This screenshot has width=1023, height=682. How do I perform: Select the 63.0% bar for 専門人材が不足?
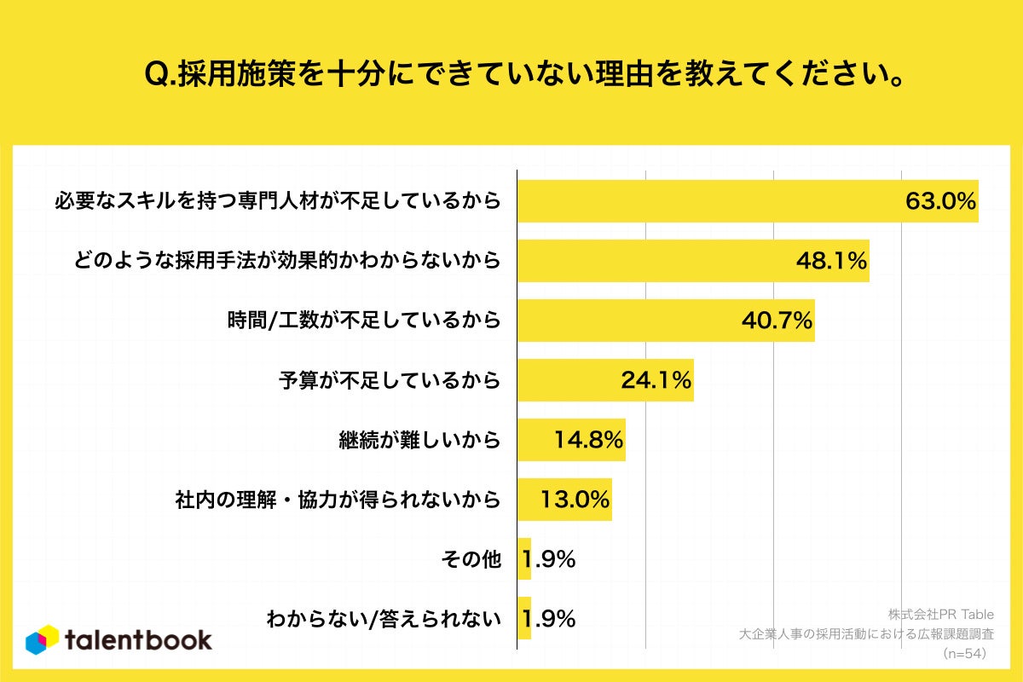click(x=708, y=201)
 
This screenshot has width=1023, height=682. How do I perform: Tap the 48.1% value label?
click(x=831, y=261)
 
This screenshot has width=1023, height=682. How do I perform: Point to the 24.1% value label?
click(x=656, y=380)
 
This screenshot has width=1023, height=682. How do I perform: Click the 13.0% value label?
click(x=575, y=500)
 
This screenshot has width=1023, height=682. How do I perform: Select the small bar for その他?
click(x=524, y=559)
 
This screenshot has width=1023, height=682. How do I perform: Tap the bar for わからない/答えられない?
click(x=524, y=619)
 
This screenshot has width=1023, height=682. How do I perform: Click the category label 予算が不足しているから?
click(x=390, y=380)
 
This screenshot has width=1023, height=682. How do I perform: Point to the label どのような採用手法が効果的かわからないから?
click(x=286, y=261)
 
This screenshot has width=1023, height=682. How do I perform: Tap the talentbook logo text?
click(x=138, y=639)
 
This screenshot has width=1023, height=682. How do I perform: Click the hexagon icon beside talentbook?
click(x=43, y=640)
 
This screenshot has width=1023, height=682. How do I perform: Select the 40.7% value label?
click(x=777, y=321)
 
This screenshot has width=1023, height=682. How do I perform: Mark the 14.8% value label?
click(x=588, y=440)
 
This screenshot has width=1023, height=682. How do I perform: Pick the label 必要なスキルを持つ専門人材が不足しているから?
click(x=276, y=201)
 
